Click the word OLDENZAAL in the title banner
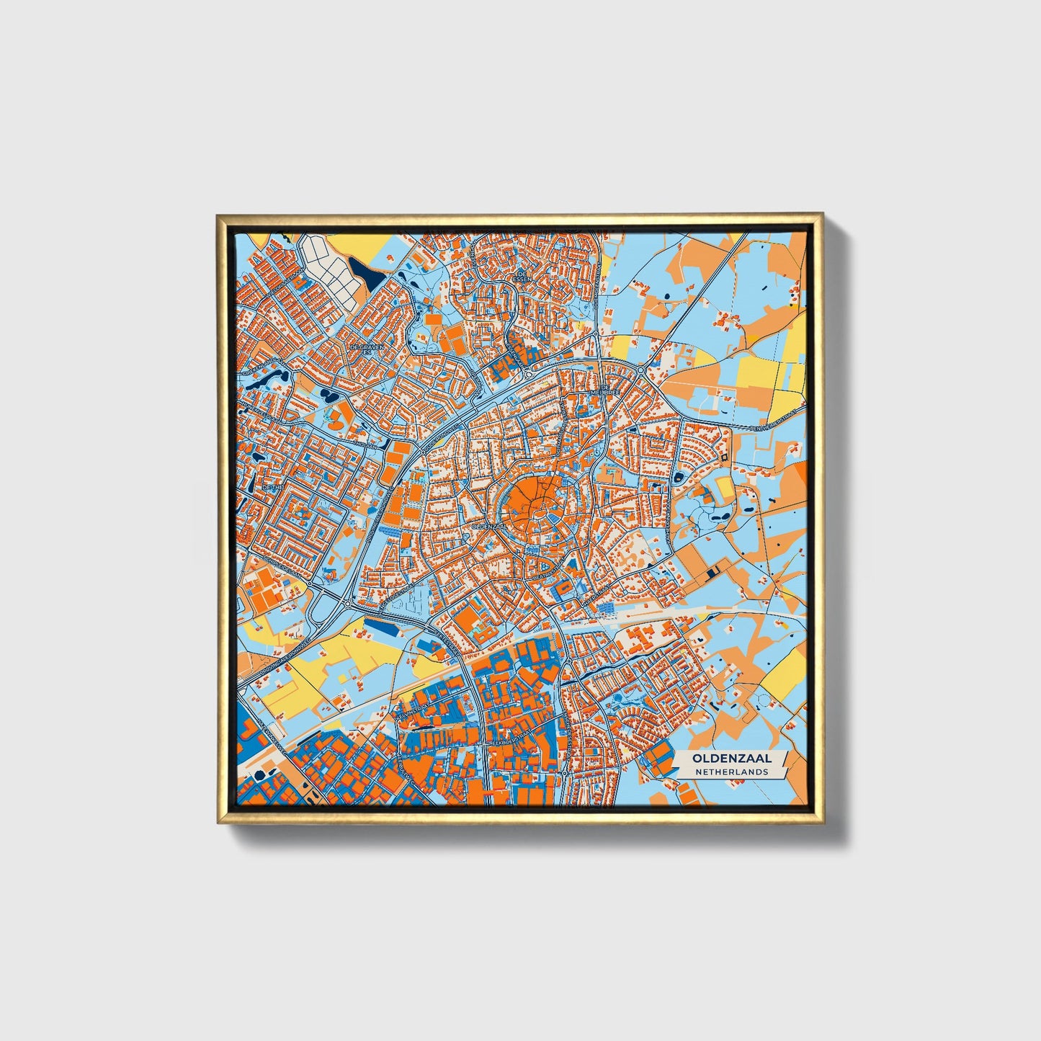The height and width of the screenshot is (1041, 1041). [x=731, y=759]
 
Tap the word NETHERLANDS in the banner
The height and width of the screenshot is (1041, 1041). [x=731, y=772]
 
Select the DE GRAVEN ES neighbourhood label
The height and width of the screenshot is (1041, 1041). [x=367, y=349]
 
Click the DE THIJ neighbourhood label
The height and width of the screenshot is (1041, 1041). [x=274, y=488]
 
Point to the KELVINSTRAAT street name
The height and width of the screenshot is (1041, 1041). [x=412, y=715]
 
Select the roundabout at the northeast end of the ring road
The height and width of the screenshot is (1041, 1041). [x=640, y=370]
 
